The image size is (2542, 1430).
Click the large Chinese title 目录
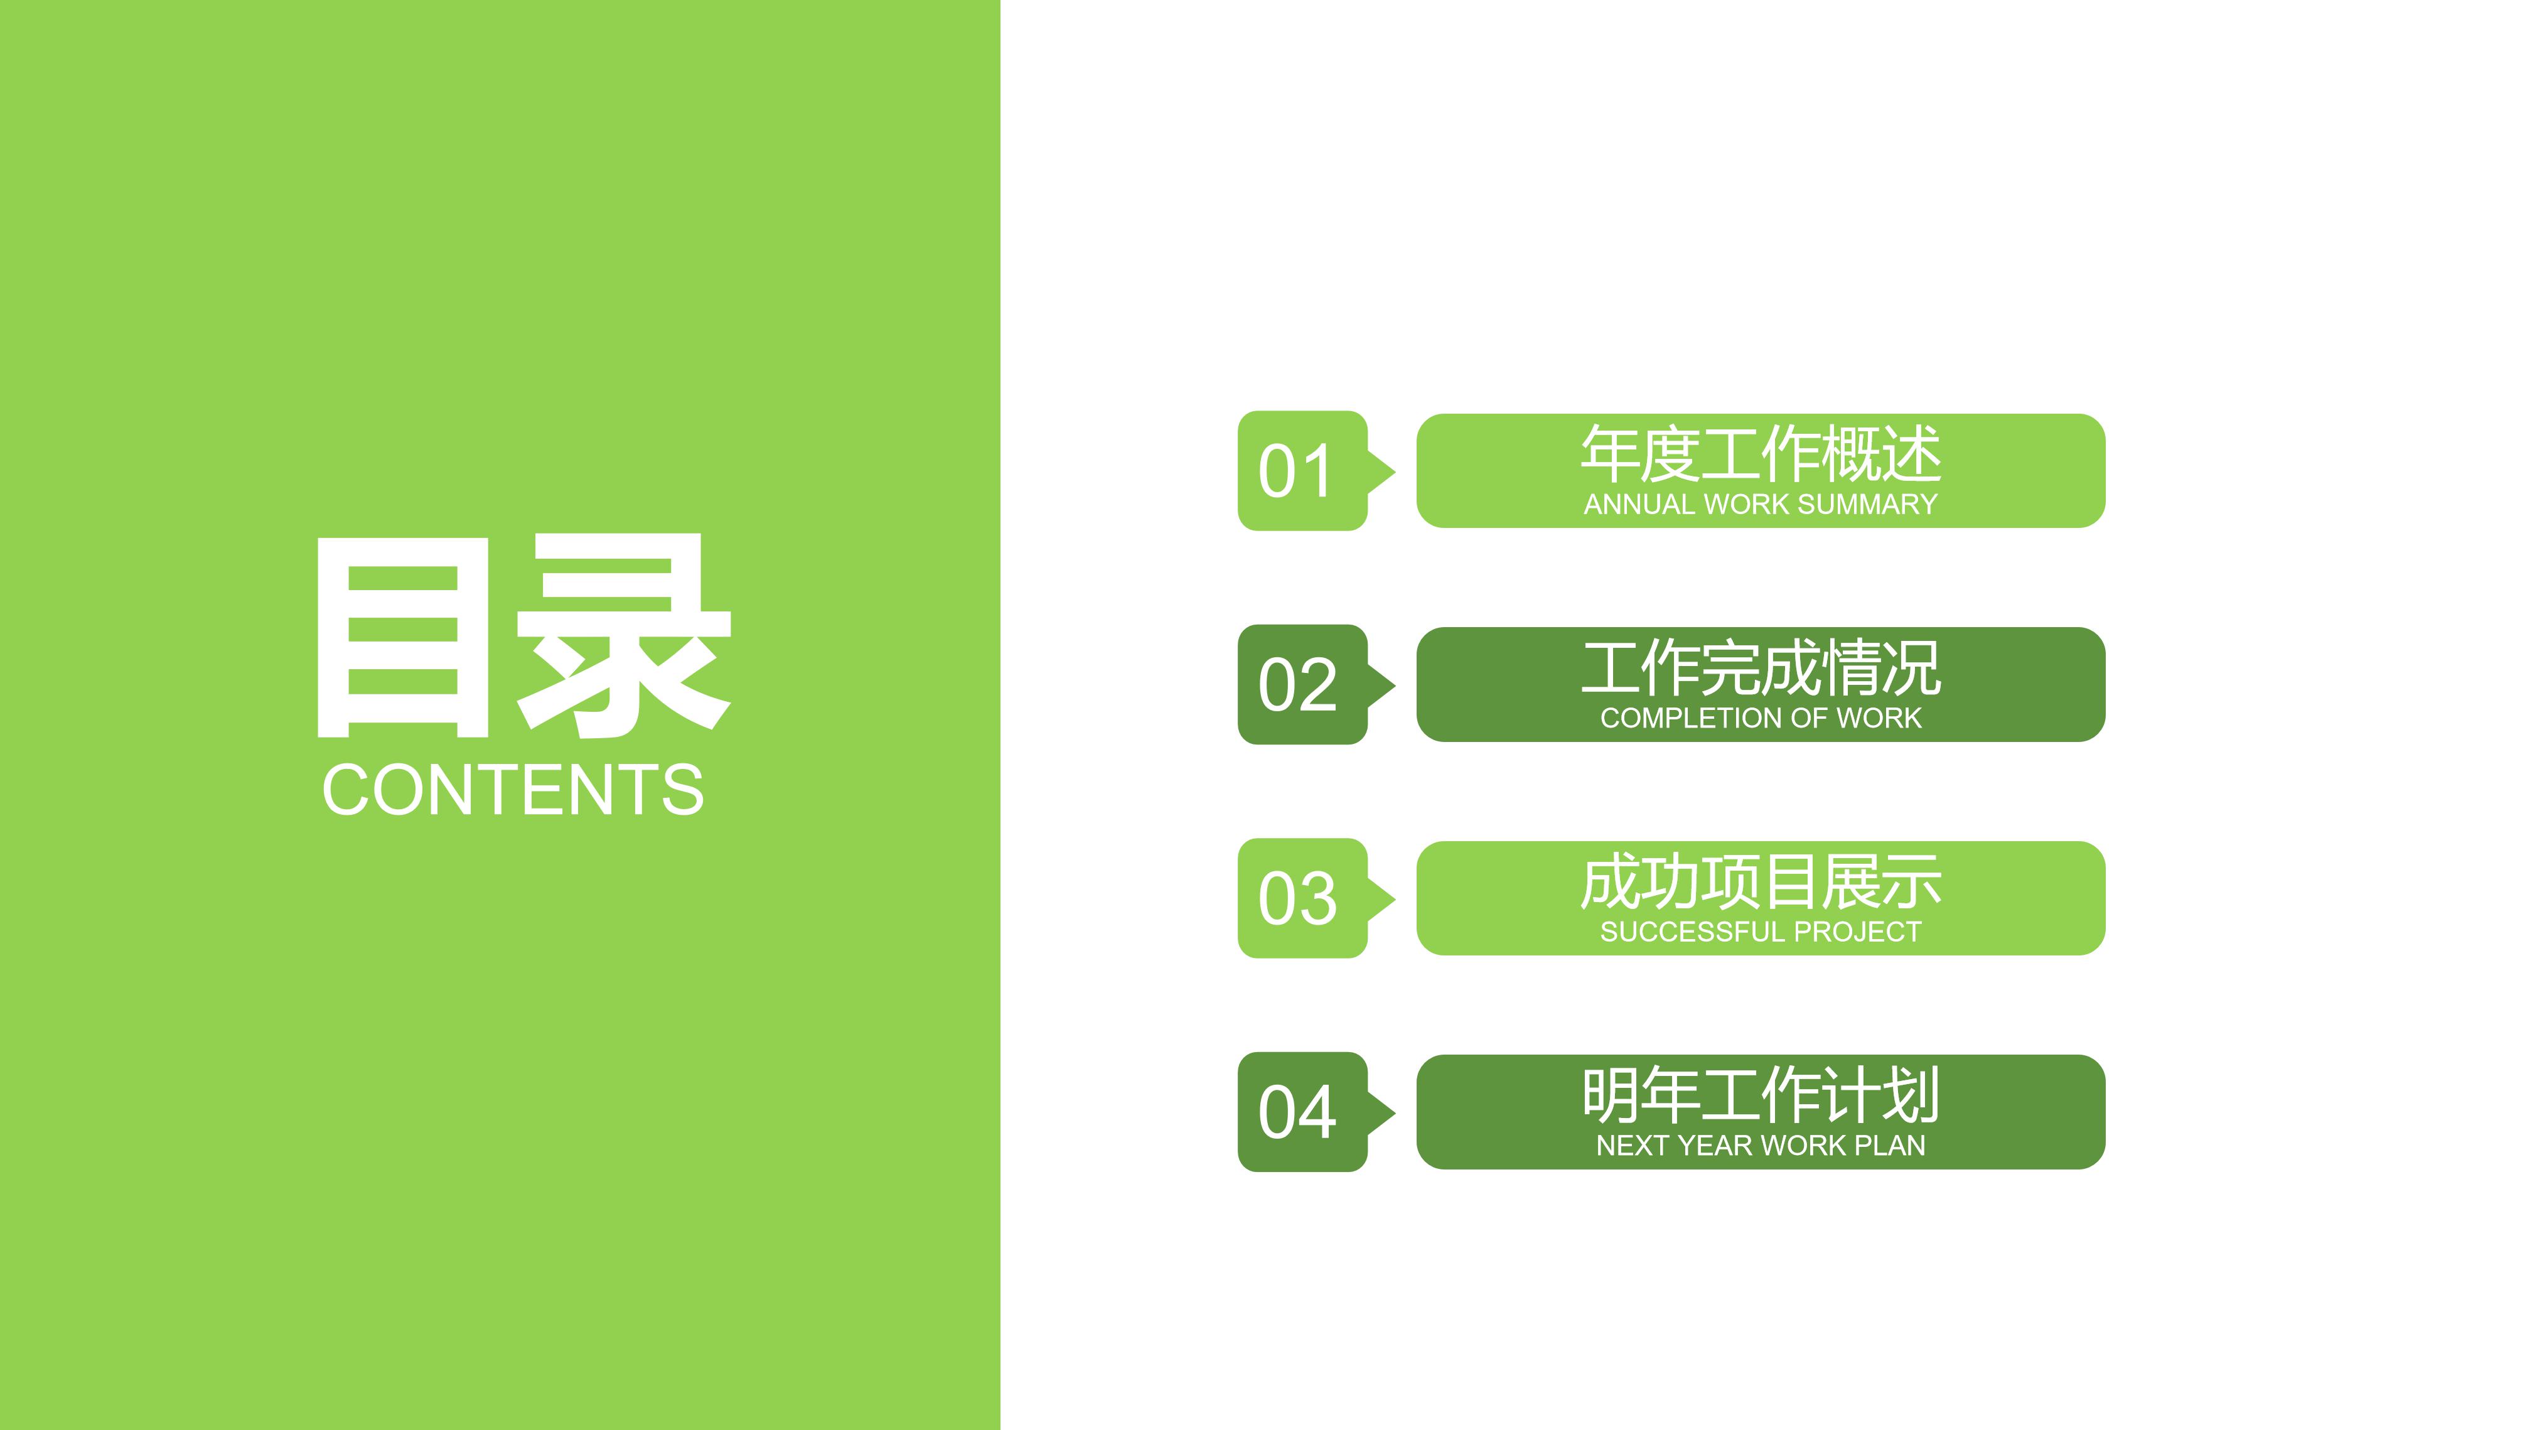523,637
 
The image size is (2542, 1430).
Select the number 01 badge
1297,471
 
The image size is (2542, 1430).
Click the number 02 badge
1297,685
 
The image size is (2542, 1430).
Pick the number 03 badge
1297,899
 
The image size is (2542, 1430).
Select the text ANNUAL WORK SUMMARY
1761,504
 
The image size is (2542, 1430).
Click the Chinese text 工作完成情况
1761,668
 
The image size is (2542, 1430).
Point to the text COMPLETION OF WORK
1761,719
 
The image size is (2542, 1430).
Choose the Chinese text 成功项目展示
1761,882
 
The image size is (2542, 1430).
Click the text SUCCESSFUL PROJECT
1761,932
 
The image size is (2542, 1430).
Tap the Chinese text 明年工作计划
1761,1095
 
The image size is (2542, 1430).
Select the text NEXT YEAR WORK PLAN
1761,1146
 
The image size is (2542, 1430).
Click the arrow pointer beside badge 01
1381,471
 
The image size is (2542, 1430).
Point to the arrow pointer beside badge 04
1381,1112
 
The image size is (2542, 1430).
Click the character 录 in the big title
624,637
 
